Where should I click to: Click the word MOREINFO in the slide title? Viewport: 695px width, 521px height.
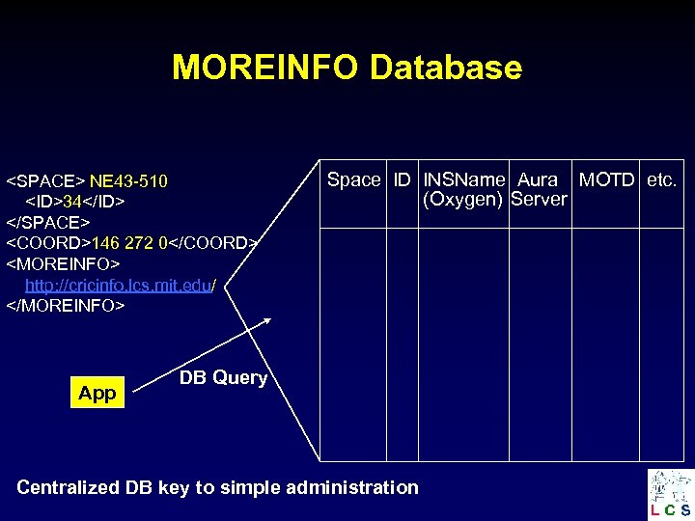266,68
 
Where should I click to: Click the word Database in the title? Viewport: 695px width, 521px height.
446,68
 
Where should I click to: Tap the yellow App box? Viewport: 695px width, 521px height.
97,393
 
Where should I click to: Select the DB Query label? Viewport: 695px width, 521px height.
223,377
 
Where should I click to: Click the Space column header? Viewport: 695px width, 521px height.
353,179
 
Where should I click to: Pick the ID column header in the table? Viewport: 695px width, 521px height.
402,179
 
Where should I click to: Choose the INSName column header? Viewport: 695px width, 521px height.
464,179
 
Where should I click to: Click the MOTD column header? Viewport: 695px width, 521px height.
606,179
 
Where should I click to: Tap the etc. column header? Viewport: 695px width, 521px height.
662,179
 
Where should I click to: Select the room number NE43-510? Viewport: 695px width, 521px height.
128,181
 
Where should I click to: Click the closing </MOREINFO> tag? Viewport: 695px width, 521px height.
66,306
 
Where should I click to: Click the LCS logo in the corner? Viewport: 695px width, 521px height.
670,493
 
